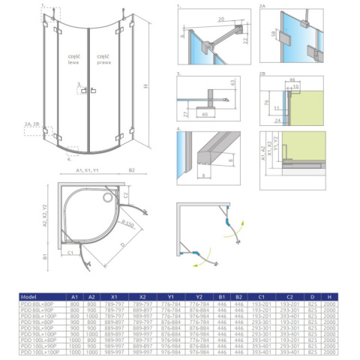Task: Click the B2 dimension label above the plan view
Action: (132, 170)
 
